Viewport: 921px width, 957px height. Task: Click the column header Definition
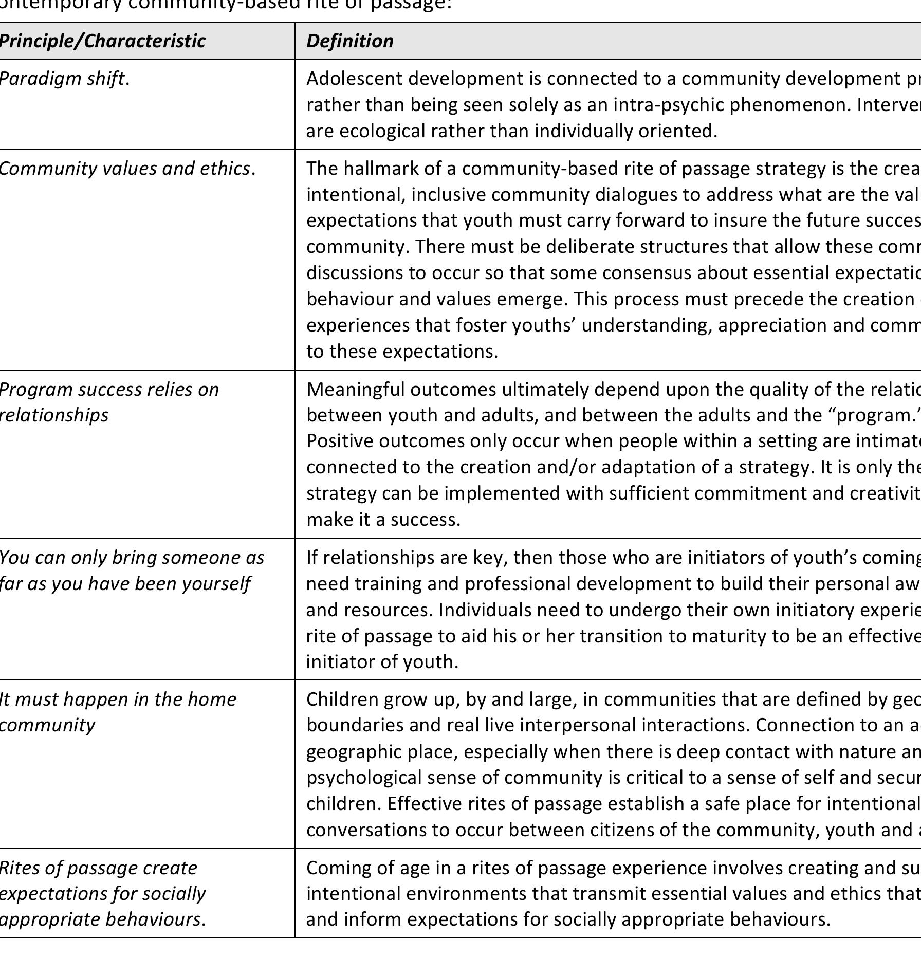[x=350, y=41]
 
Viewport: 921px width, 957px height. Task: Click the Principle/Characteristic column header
[x=102, y=41]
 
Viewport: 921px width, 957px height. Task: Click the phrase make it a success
[x=383, y=520]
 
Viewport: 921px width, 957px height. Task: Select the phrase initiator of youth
[x=382, y=661]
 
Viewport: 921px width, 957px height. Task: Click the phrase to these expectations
[x=402, y=352]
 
